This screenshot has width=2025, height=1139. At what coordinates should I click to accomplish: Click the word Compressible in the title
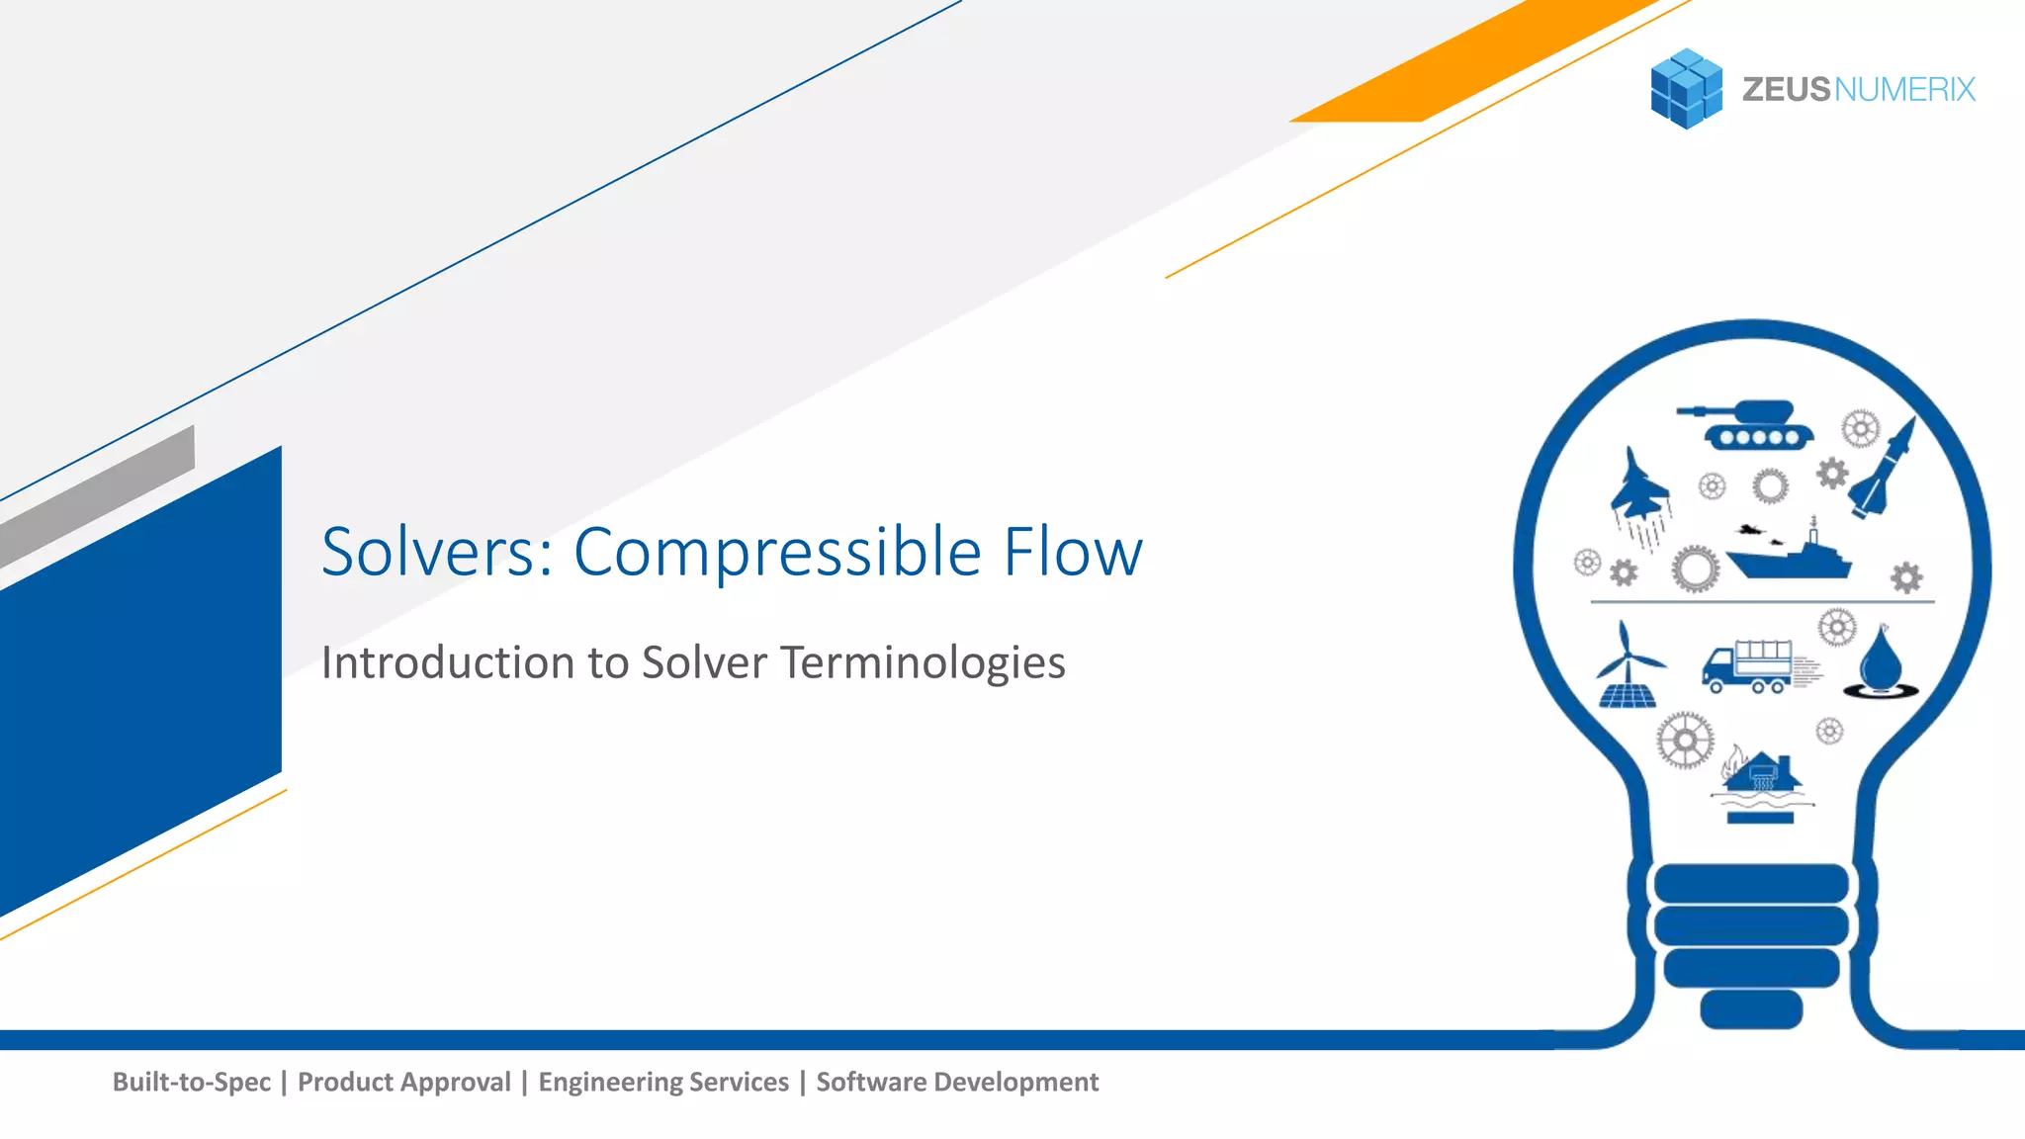[777, 552]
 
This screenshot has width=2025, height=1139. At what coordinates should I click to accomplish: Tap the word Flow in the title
[1073, 552]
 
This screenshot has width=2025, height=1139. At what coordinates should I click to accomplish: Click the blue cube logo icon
[1686, 89]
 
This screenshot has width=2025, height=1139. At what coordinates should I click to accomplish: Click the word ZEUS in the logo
[1786, 90]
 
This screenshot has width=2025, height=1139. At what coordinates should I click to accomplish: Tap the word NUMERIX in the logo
[1904, 90]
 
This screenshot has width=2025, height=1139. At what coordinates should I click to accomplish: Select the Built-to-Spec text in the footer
[191, 1082]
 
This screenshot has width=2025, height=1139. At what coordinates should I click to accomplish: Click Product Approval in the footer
[404, 1082]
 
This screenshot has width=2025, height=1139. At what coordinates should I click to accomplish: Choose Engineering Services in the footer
[663, 1082]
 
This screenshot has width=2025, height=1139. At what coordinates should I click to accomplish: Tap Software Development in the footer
[957, 1082]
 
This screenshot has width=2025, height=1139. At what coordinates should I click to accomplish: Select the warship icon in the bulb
[1788, 557]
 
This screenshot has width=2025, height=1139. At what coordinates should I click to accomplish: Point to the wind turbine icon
[1627, 665]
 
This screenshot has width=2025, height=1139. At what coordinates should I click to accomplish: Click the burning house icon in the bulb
[1760, 781]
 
